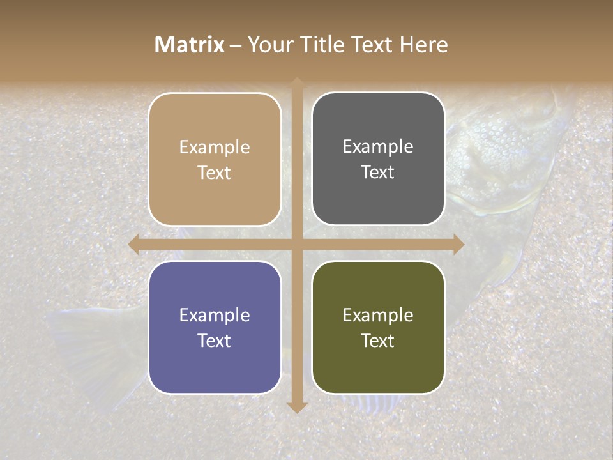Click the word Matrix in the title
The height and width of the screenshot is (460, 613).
click(x=190, y=45)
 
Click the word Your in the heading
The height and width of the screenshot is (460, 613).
click(x=268, y=45)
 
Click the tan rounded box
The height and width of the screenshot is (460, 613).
click(x=215, y=159)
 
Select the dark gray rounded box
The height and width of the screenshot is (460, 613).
click(x=378, y=159)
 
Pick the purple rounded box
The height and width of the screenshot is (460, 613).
click(x=215, y=328)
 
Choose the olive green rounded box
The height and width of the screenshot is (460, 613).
click(x=378, y=328)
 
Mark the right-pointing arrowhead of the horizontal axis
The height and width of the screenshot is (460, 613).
click(x=458, y=244)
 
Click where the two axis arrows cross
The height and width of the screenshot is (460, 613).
click(x=297, y=244)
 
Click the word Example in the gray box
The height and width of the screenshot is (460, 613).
click(x=378, y=147)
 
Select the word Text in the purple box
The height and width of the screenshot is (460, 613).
click(x=215, y=341)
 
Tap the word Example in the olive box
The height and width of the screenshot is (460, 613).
click(x=378, y=315)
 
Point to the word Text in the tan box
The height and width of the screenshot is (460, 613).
click(x=215, y=172)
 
